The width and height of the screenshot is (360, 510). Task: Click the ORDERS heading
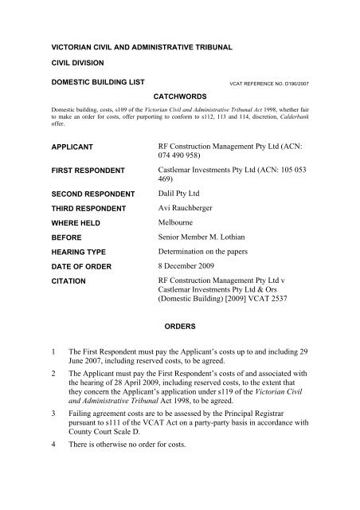(179, 325)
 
